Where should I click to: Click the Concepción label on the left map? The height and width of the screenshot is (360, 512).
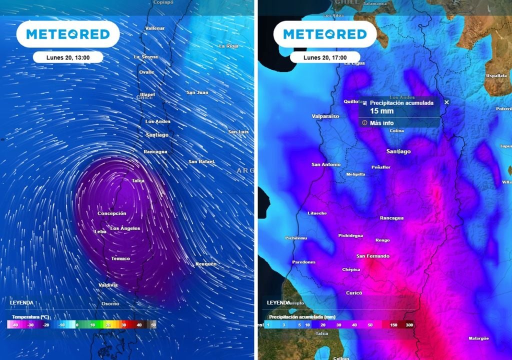pos(111,213)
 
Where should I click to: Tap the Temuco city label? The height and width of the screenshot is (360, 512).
pos(120,258)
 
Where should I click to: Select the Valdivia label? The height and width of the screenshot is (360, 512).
pos(108,285)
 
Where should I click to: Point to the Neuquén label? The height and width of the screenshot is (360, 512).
pos(205,263)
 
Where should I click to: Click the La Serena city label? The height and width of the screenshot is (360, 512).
pos(145,57)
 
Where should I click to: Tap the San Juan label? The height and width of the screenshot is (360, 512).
pos(197,92)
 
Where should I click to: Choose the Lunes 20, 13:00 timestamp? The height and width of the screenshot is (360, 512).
pos(68,57)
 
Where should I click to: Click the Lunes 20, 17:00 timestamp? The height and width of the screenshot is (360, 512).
pos(325,57)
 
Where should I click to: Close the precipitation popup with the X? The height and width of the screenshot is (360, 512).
pos(447,102)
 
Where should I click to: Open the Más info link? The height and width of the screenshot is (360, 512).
pos(381,123)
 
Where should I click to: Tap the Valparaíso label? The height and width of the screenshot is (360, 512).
pos(325,116)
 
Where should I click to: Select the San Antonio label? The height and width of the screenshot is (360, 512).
pos(326,164)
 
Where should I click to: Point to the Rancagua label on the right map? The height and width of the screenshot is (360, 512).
pos(391,218)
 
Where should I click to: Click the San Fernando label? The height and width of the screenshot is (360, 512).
pos(372,256)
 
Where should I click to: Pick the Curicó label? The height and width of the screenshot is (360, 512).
pos(354,293)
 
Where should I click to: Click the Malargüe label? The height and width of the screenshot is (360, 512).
pos(478,338)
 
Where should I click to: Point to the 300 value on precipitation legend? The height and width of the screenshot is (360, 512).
pos(409,325)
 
